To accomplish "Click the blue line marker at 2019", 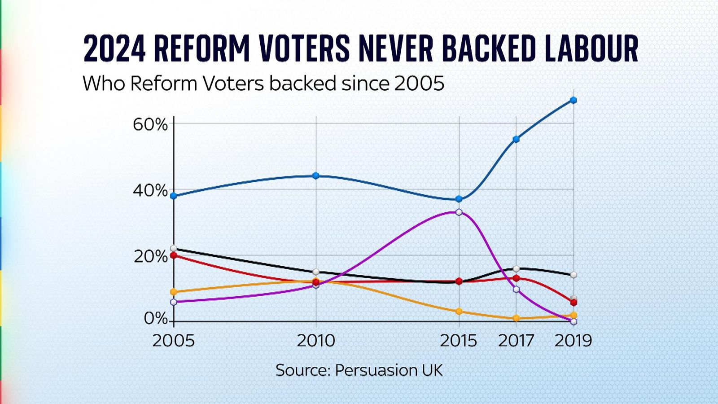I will [574, 100].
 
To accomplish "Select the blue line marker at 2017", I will [516, 139].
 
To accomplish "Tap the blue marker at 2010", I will [316, 176].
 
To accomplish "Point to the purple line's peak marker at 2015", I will [459, 212].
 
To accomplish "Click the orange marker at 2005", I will [174, 292].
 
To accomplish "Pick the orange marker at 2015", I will [459, 311].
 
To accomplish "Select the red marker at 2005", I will [174, 255].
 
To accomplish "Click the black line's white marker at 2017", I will [516, 269].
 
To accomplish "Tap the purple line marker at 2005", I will [174, 302].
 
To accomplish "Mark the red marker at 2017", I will [516, 278].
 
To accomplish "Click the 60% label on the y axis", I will [150, 124].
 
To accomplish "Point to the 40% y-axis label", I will [150, 191].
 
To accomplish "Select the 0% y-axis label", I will [155, 318].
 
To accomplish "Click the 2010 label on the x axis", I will [316, 341].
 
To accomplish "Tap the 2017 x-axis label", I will [516, 341].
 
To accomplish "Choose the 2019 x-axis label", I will [573, 341].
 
